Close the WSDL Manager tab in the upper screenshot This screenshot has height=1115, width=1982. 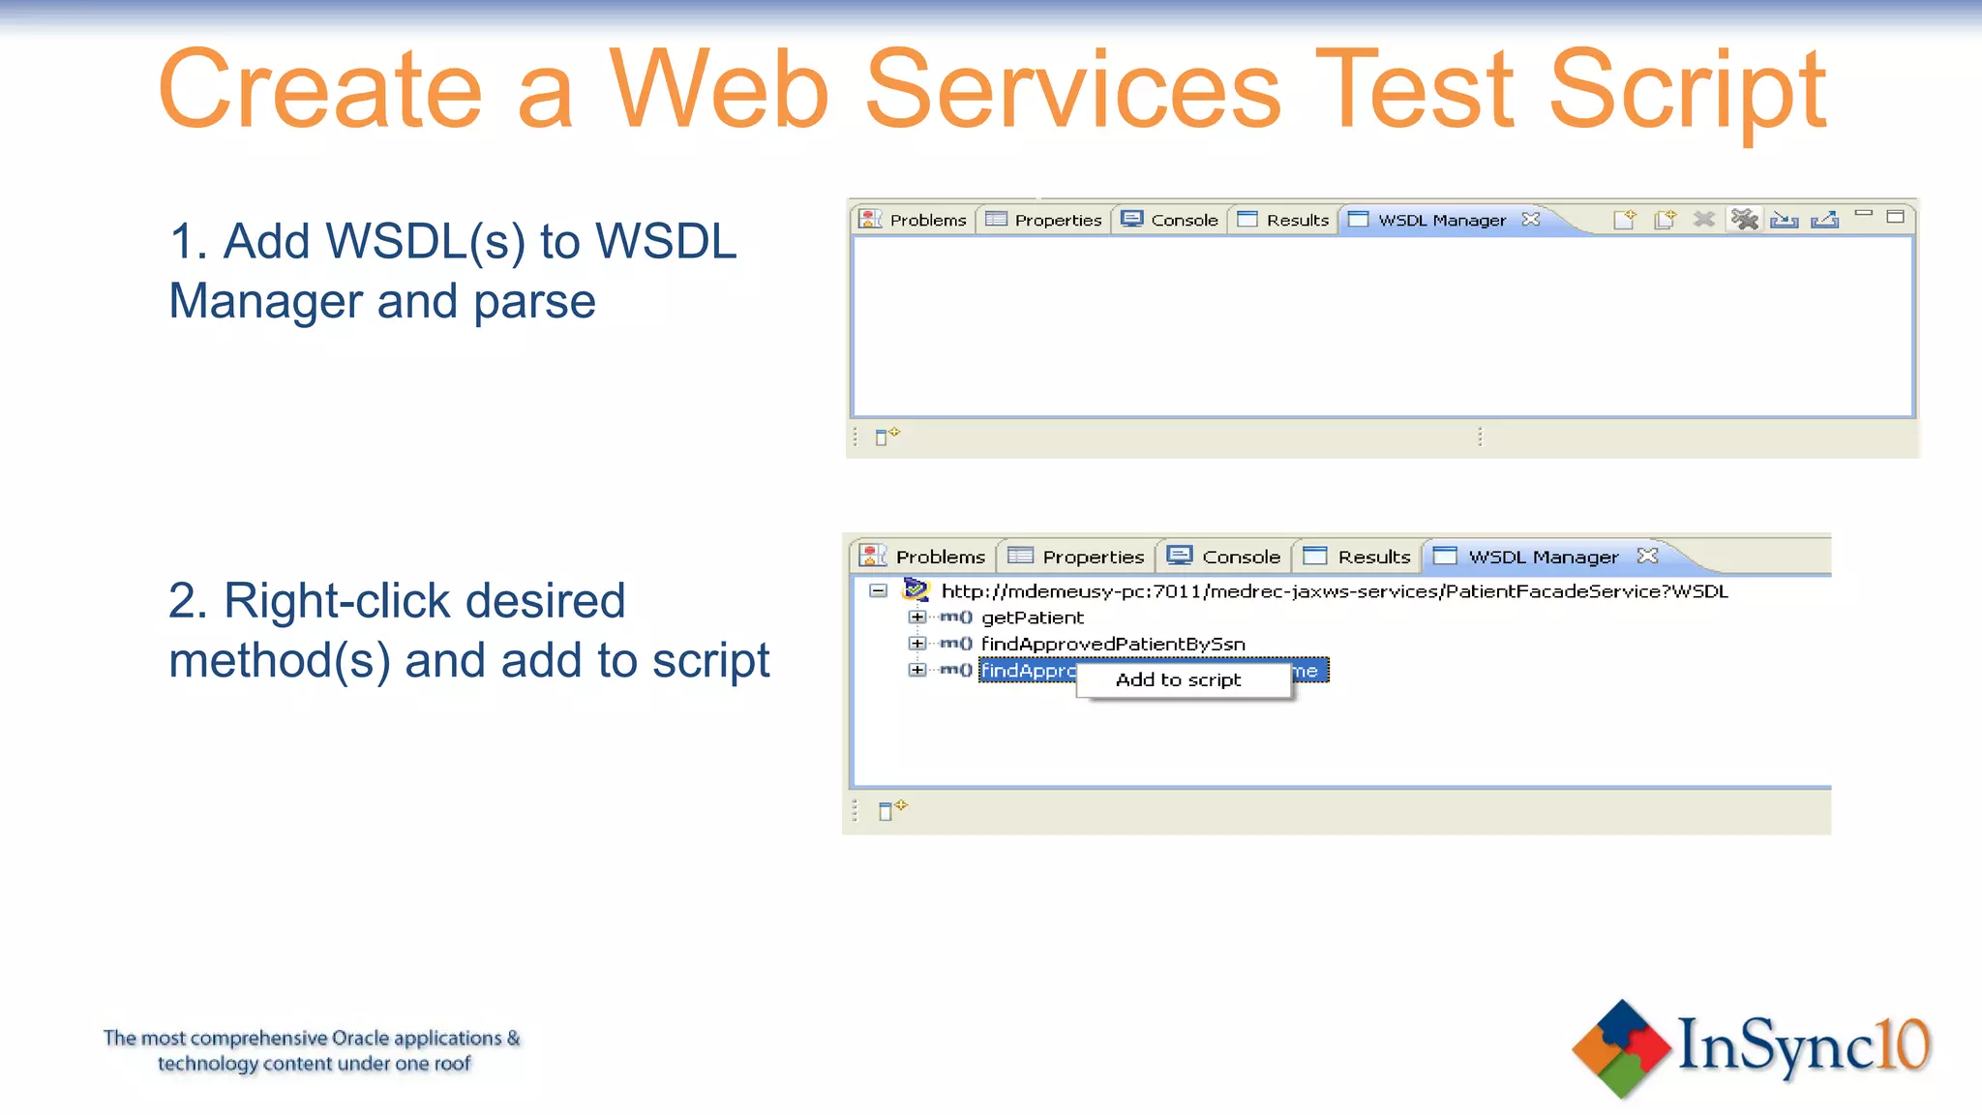[1530, 219]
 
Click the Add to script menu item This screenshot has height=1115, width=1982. [1178, 679]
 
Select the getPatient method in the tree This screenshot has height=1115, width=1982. [1032, 618]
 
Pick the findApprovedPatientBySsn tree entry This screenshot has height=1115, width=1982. [1113, 644]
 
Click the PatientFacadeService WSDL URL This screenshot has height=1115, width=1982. [1334, 591]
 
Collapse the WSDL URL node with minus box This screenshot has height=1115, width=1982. [878, 590]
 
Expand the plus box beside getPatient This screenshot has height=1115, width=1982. [916, 617]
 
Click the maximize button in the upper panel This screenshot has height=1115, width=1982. [1895, 217]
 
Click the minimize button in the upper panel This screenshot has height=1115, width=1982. [1863, 214]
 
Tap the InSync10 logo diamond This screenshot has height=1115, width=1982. [1621, 1049]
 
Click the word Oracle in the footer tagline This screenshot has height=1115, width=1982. [360, 1039]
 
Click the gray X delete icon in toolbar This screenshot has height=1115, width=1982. [1703, 220]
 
